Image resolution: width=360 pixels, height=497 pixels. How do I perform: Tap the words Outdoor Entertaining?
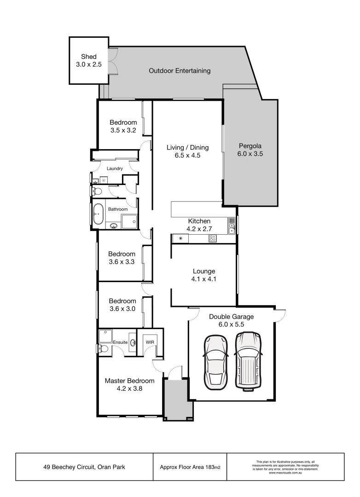pos(180,71)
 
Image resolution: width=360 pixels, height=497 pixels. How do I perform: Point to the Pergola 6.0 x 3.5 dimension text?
pos(250,154)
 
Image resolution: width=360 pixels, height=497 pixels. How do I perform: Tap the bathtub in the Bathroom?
pos(98,214)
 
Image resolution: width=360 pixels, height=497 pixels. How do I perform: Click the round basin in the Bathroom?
pos(113,225)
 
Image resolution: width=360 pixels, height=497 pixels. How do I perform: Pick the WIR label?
pos(150,343)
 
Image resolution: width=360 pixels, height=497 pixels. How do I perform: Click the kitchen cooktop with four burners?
pos(213,238)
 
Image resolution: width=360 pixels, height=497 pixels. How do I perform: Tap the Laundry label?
pos(115,168)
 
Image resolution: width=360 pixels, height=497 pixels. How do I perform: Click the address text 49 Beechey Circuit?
pos(85,467)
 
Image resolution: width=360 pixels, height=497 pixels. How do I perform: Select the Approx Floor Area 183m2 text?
pos(190,467)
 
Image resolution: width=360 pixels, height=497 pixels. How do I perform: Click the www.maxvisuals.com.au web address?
pos(285,473)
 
